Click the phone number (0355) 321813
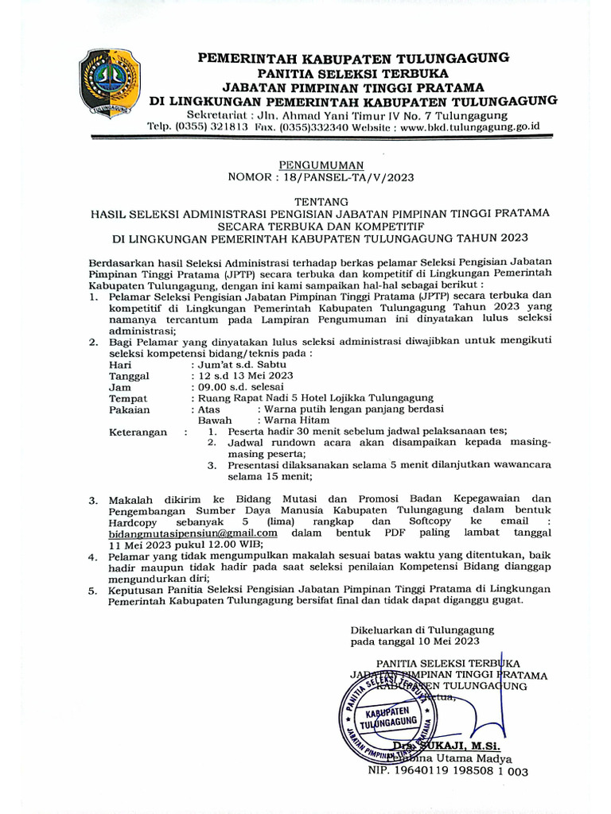click(x=216, y=126)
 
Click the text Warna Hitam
click(x=295, y=421)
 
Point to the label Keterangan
click(x=138, y=432)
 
